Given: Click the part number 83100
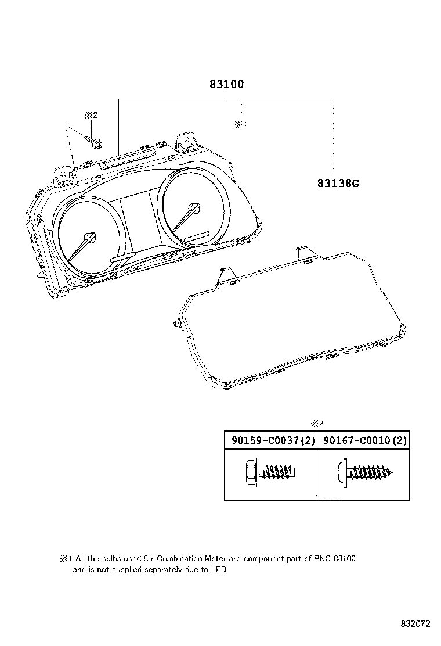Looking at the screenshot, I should tap(226, 84).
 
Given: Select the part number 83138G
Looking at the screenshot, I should tap(338, 184).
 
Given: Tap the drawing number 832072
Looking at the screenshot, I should tap(415, 624).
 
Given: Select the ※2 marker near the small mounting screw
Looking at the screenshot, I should tap(91, 116).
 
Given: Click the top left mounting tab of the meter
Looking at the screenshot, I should tap(63, 173).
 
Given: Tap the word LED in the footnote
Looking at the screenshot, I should tap(218, 570).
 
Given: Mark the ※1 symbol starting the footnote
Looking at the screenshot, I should tap(65, 559).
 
